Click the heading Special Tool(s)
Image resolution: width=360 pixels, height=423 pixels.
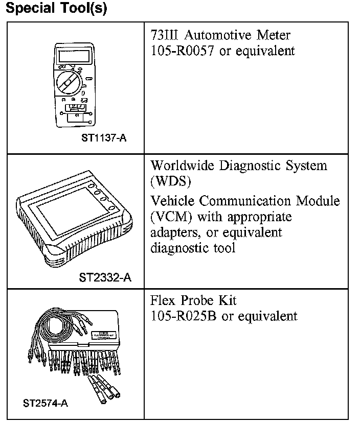click(x=56, y=9)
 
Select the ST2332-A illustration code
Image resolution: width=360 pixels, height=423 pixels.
click(x=105, y=278)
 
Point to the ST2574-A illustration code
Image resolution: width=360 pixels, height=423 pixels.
click(x=45, y=403)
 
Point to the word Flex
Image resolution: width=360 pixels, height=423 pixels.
click(x=163, y=300)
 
